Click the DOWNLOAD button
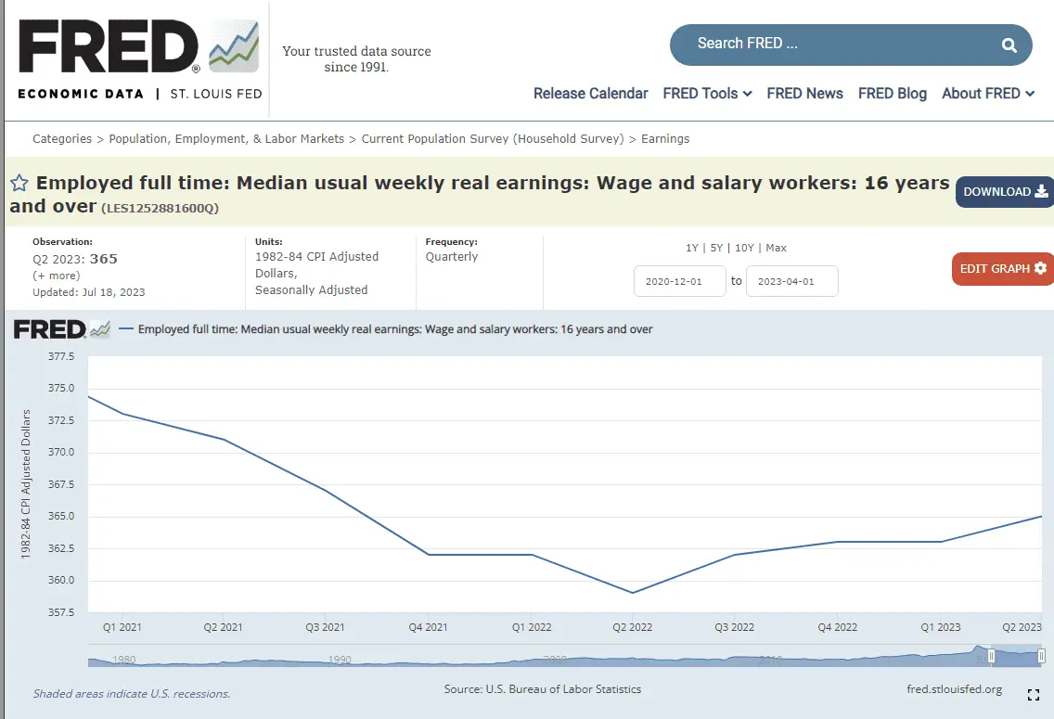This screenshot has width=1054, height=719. click(x=1005, y=192)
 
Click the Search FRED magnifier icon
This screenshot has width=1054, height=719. click(x=1009, y=45)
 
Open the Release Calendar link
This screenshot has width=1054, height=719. click(x=590, y=94)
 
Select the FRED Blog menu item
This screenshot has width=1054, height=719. click(x=892, y=94)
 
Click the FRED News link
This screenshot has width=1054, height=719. click(x=804, y=94)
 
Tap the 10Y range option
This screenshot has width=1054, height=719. click(x=744, y=248)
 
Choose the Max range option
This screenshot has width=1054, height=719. click(x=776, y=248)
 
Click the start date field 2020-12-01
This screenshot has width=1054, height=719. click(x=679, y=281)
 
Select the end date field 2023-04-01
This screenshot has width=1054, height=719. click(x=791, y=281)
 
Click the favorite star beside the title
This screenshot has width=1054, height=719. click(x=19, y=184)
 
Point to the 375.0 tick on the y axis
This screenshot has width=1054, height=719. click(x=61, y=389)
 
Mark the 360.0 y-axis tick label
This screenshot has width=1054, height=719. click(x=61, y=581)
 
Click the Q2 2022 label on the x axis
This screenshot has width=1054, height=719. click(x=632, y=628)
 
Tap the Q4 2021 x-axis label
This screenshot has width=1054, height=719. click(x=428, y=628)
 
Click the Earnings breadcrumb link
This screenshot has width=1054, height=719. click(x=665, y=139)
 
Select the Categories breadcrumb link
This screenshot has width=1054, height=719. click(x=62, y=139)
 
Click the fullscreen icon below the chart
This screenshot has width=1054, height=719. click(x=1034, y=694)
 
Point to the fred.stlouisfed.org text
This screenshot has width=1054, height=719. click(x=954, y=689)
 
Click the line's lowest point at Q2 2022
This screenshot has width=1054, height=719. click(x=633, y=593)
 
